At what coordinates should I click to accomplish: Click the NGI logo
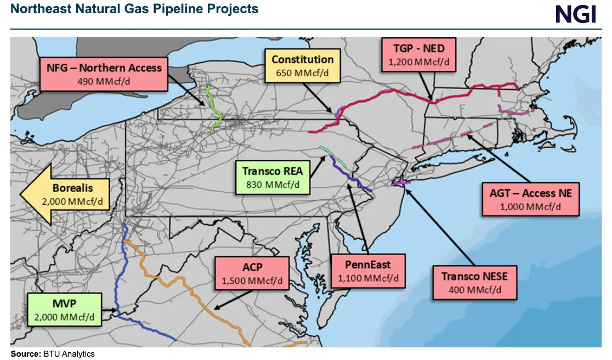575,14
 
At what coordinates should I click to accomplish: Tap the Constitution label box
303,66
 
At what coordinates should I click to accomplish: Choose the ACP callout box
252,273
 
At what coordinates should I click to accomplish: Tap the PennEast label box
368,271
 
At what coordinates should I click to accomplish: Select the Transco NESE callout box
475,283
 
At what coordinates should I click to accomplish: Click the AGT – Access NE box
530,199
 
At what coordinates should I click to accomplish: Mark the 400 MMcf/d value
475,289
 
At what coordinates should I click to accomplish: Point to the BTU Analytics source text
69,354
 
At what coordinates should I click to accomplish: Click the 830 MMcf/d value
273,184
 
